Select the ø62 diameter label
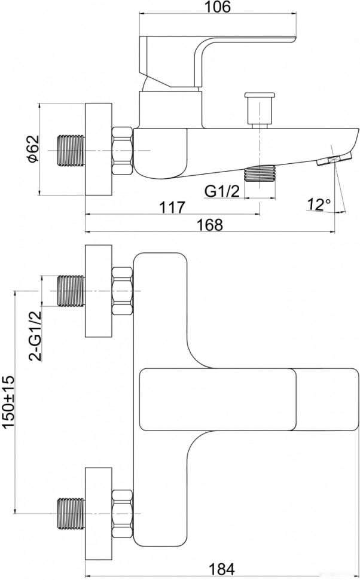pos(33,149)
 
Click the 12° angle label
pos(319,204)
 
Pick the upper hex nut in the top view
pos(123,292)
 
